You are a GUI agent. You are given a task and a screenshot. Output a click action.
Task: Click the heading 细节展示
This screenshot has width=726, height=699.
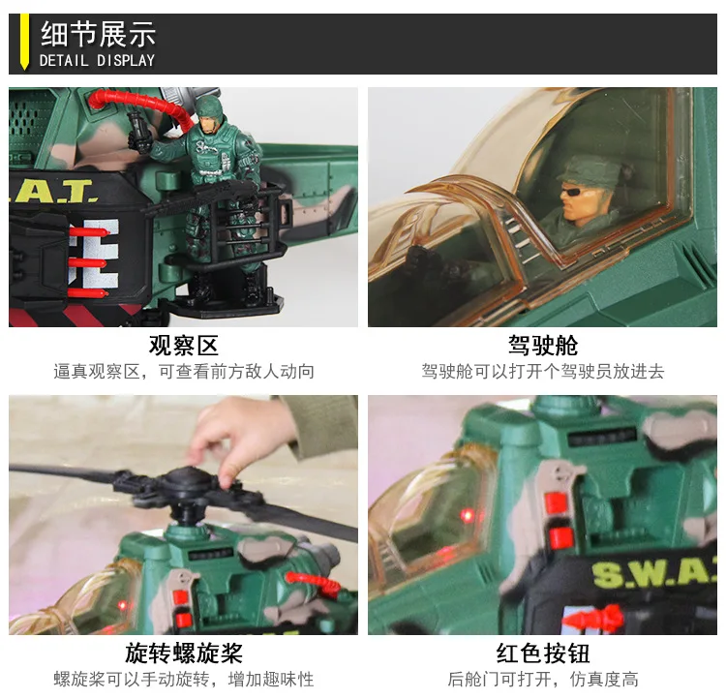click(x=98, y=34)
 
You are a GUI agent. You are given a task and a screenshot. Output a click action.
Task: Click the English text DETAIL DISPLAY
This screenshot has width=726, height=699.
click(x=97, y=60)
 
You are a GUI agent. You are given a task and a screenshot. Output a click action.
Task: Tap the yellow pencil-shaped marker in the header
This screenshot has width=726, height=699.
click(x=24, y=42)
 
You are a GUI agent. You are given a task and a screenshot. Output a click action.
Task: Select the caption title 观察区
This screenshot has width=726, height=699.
click(x=183, y=346)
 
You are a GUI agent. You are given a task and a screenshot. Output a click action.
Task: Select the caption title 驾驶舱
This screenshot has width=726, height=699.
click(x=543, y=346)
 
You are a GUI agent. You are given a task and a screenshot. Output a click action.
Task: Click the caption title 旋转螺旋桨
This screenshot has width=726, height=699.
click(x=183, y=653)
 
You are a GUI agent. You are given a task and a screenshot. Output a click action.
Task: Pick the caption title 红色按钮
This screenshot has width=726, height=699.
click(x=543, y=653)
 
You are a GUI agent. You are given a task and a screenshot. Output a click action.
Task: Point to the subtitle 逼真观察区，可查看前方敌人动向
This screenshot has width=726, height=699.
click(x=183, y=372)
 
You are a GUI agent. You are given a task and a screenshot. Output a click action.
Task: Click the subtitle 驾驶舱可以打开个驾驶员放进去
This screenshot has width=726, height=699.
click(x=543, y=372)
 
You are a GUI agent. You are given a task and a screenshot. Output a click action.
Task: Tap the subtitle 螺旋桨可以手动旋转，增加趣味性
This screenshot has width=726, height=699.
click(x=183, y=679)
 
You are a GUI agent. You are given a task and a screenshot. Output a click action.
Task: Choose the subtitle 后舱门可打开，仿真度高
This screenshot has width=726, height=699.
click(x=543, y=679)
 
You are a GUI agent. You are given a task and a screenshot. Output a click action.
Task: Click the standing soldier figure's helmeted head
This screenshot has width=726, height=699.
click(x=209, y=113)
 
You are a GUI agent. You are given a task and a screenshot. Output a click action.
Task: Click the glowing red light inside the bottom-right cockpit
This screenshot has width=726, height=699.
click(x=468, y=515)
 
